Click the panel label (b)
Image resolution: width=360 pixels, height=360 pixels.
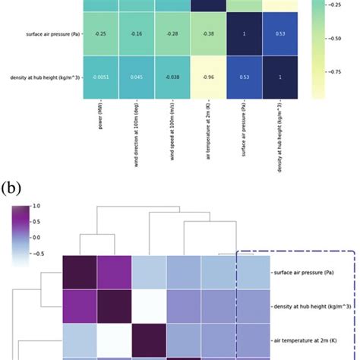13,187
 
